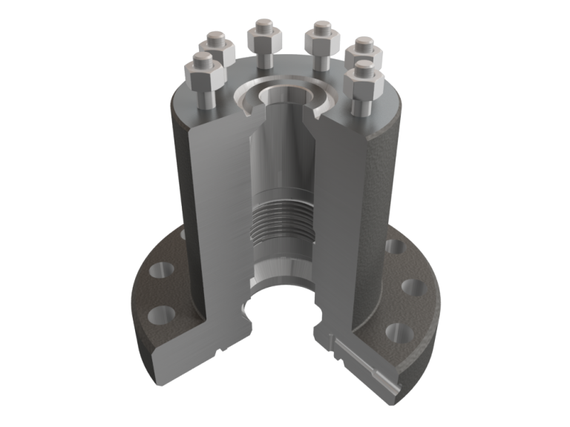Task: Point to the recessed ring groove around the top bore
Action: [252, 92]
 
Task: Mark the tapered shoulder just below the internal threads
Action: [281, 253]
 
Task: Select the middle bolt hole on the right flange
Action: [410, 285]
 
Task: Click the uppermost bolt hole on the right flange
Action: [391, 246]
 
